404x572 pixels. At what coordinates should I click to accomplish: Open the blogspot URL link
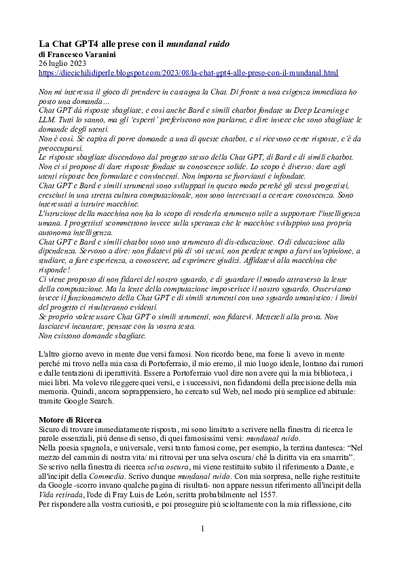(x=188, y=72)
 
